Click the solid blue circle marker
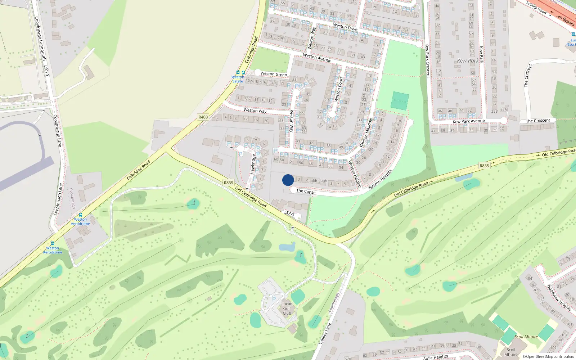pos(288,180)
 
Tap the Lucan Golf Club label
pos(287,309)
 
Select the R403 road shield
pos(203,117)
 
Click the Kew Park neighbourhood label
pos(468,61)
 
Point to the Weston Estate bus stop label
pos(238,79)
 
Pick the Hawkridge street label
pos(253,164)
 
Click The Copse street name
pos(306,192)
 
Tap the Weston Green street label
pos(274,74)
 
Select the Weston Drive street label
pos(345,27)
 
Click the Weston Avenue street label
pos(317,58)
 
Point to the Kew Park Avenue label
pos(469,121)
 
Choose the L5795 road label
pos(289,214)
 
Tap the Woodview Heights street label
pos(559,297)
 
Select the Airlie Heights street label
pos(436,357)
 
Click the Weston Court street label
pos(339,89)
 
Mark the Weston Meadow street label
pos(365,132)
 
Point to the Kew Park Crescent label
pos(427,60)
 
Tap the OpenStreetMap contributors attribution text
pos(548,357)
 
